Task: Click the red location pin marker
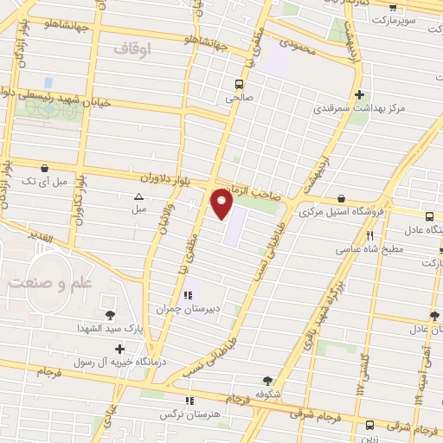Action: click(222, 204)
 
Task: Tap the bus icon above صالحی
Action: click(238, 84)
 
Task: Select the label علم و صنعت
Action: click(42, 283)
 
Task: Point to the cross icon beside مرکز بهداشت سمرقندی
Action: click(358, 95)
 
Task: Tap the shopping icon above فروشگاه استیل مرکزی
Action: click(342, 198)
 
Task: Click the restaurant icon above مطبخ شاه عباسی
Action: click(370, 234)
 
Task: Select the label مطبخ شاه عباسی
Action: click(367, 248)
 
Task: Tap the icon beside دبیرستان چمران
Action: click(187, 295)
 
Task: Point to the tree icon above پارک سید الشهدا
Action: click(109, 315)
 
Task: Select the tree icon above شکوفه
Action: click(267, 380)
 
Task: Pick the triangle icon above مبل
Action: click(139, 196)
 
